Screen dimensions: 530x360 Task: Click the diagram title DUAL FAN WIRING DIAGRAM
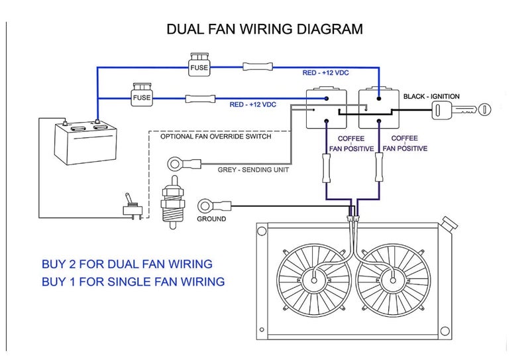pos(264,29)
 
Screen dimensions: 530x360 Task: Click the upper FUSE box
pos(199,64)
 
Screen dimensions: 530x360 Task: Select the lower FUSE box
pos(142,95)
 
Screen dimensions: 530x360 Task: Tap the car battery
pos(86,143)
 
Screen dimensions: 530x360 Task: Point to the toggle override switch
pos(131,207)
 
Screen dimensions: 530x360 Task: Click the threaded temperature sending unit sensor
pos(173,202)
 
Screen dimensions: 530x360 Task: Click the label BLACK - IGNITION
pos(431,96)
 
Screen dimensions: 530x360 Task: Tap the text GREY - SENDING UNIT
pos(253,170)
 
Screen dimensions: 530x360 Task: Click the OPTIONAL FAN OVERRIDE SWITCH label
pos(216,137)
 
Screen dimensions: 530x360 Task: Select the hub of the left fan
pos(314,280)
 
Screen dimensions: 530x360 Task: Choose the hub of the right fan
pos(393,280)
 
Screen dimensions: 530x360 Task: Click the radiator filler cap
pos(449,223)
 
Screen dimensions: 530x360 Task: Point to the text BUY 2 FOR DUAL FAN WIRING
pos(127,264)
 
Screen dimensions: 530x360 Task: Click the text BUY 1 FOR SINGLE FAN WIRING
pos(133,282)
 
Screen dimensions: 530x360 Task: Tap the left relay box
pos(327,108)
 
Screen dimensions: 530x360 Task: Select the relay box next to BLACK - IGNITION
pos(378,108)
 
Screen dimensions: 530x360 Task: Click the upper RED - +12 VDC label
pos(325,73)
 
